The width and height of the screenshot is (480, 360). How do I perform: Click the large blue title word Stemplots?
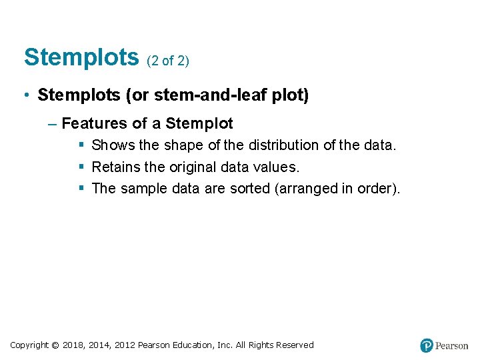tap(81, 58)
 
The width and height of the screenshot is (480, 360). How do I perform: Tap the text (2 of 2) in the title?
tap(167, 61)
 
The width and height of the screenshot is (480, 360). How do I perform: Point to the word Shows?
tap(113, 145)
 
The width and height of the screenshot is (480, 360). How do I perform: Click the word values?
tap(279, 167)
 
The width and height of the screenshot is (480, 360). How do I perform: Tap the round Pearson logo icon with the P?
tap(427, 345)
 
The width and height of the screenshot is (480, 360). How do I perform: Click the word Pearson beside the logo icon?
tap(452, 346)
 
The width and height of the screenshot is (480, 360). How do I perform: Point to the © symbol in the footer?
tap(55, 345)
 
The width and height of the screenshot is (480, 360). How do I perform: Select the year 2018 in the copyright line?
tap(74, 345)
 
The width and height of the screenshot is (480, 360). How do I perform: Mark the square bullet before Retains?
tap(81, 167)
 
